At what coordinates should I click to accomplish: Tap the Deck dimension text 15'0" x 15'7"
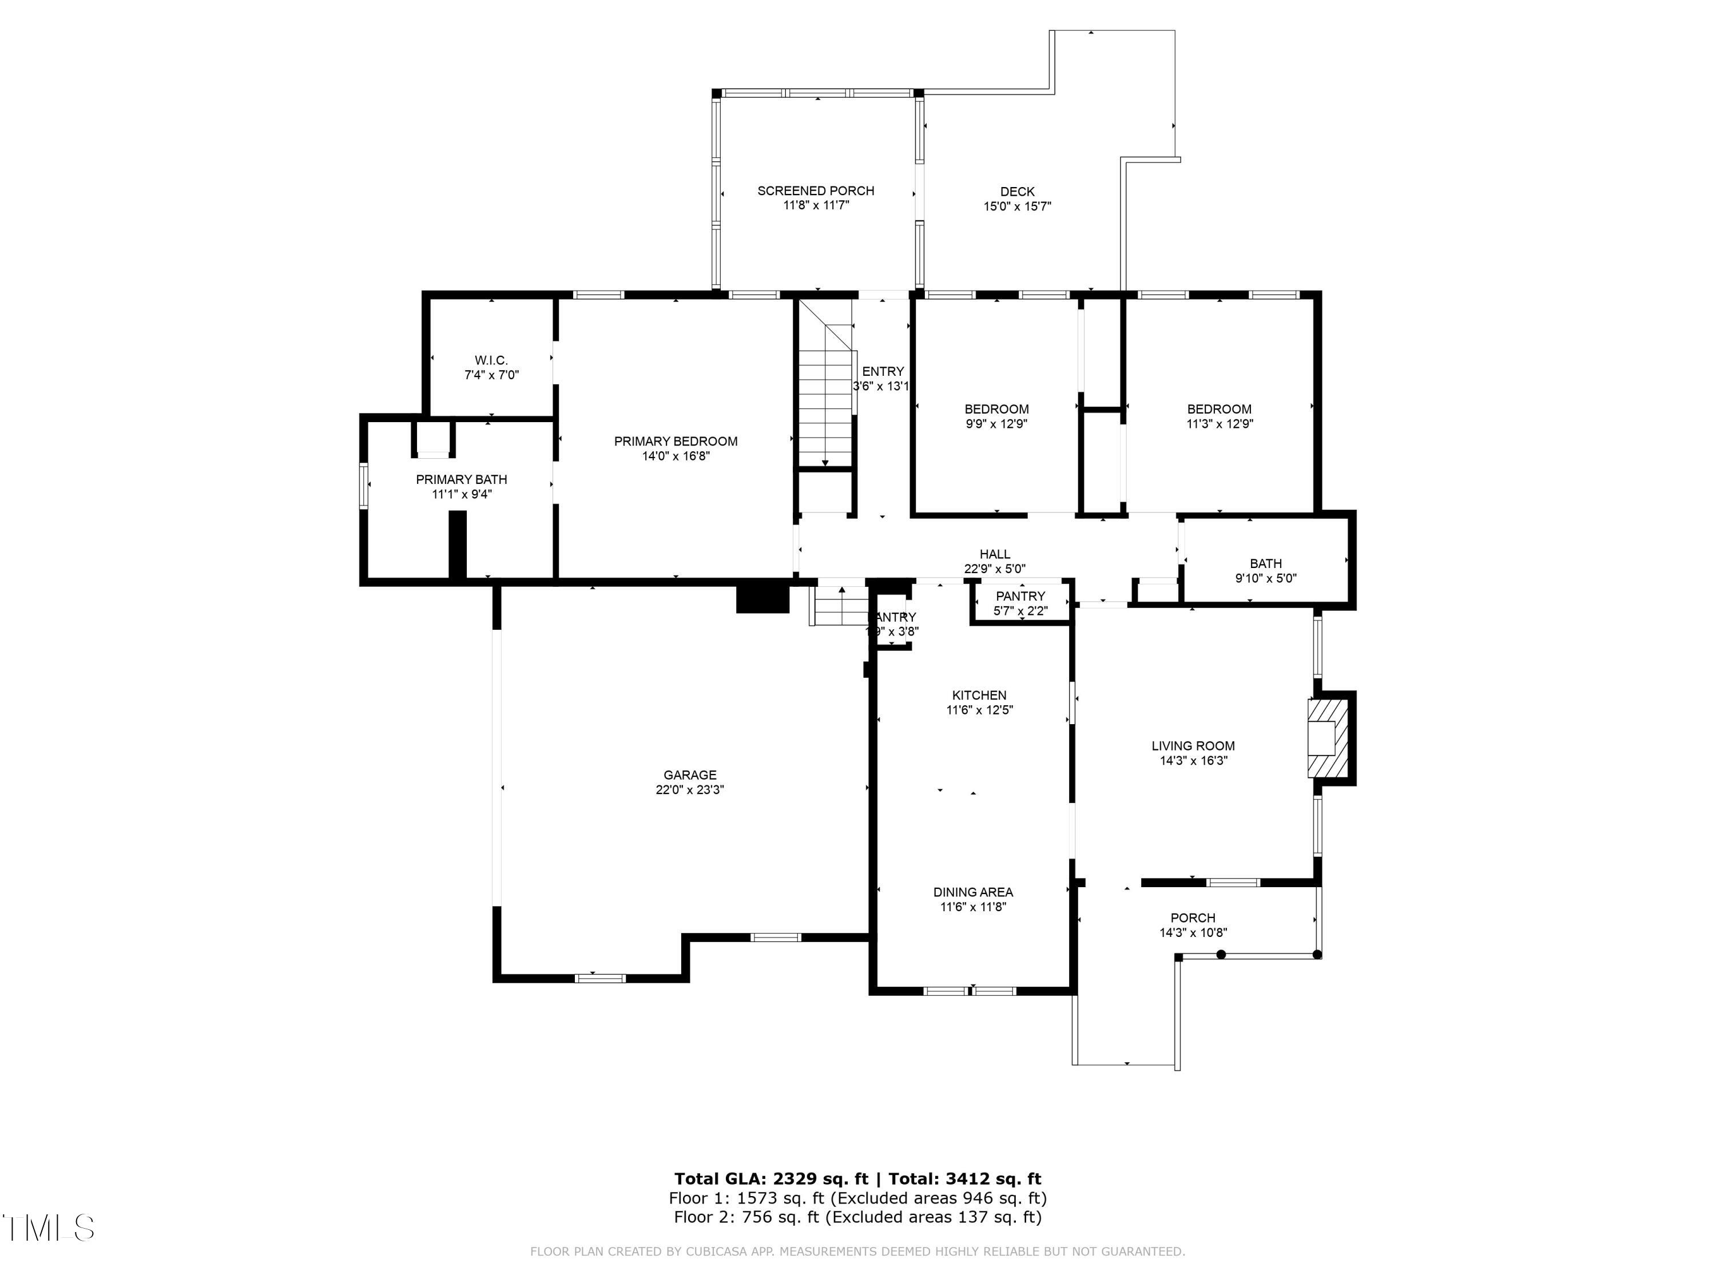click(x=1017, y=206)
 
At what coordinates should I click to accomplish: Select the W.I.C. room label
click(x=491, y=360)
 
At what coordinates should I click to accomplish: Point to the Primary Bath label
click(x=462, y=479)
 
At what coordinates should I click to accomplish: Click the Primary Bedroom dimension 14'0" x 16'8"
click(x=675, y=456)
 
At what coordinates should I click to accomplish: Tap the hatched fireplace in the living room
click(x=1328, y=738)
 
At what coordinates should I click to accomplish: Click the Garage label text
click(x=690, y=775)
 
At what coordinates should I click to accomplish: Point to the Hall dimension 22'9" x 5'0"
click(x=995, y=569)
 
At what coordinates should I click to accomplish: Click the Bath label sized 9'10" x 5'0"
click(x=1265, y=564)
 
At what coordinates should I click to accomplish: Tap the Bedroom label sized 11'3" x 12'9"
click(x=1219, y=409)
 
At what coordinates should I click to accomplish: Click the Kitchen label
click(x=979, y=695)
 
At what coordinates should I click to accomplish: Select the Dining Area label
click(x=973, y=892)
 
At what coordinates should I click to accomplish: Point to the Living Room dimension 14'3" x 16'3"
click(x=1193, y=761)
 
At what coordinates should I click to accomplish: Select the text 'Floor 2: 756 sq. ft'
click(x=745, y=1217)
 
